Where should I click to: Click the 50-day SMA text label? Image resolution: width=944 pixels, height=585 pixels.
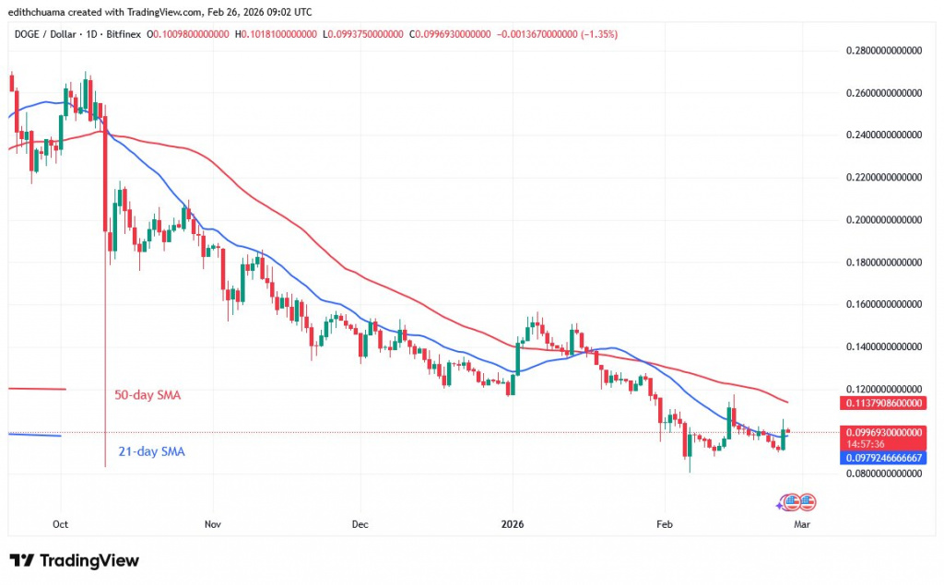[x=147, y=395]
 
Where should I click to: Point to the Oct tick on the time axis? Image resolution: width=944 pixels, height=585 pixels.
[x=61, y=523]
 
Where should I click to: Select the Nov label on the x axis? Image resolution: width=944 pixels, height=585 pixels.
[x=213, y=523]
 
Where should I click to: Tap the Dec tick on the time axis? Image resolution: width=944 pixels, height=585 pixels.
[x=360, y=523]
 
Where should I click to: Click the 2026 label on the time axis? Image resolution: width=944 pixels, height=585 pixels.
[x=513, y=523]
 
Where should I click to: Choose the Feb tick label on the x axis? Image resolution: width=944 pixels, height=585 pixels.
[x=663, y=523]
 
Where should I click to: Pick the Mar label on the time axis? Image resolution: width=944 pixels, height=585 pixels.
[x=802, y=523]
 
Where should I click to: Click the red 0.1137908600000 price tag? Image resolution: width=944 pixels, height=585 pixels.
[x=883, y=403]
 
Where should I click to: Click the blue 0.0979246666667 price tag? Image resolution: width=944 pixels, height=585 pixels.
[x=883, y=458]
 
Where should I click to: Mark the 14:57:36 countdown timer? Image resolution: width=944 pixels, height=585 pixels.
[x=867, y=444]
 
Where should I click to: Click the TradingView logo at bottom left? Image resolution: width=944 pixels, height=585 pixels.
[x=75, y=560]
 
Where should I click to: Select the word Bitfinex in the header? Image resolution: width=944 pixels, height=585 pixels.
[x=112, y=34]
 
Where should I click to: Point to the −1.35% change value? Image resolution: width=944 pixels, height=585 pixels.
[x=598, y=34]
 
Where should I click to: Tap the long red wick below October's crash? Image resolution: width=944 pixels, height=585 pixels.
[x=106, y=369]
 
